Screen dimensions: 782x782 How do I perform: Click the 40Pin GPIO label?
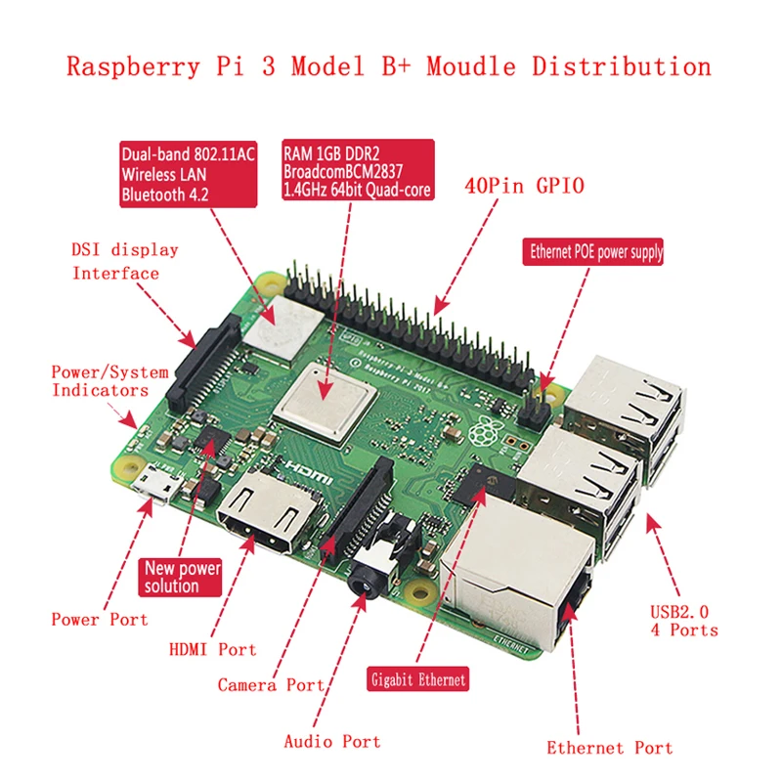(x=526, y=186)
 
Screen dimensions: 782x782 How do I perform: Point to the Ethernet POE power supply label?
(x=595, y=252)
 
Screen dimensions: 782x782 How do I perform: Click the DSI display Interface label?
(x=124, y=261)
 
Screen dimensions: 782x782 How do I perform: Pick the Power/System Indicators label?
(x=109, y=381)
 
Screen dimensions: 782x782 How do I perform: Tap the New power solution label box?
(x=183, y=577)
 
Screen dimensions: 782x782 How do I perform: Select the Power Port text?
(x=99, y=619)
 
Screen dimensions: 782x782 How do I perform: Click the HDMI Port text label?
(x=212, y=649)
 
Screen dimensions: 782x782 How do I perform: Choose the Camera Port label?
(x=271, y=685)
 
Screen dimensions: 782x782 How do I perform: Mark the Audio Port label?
(x=331, y=742)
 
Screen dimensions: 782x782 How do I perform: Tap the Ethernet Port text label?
(x=609, y=748)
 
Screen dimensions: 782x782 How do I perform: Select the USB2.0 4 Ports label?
(x=683, y=621)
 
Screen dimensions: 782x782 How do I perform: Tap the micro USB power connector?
(x=152, y=486)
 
